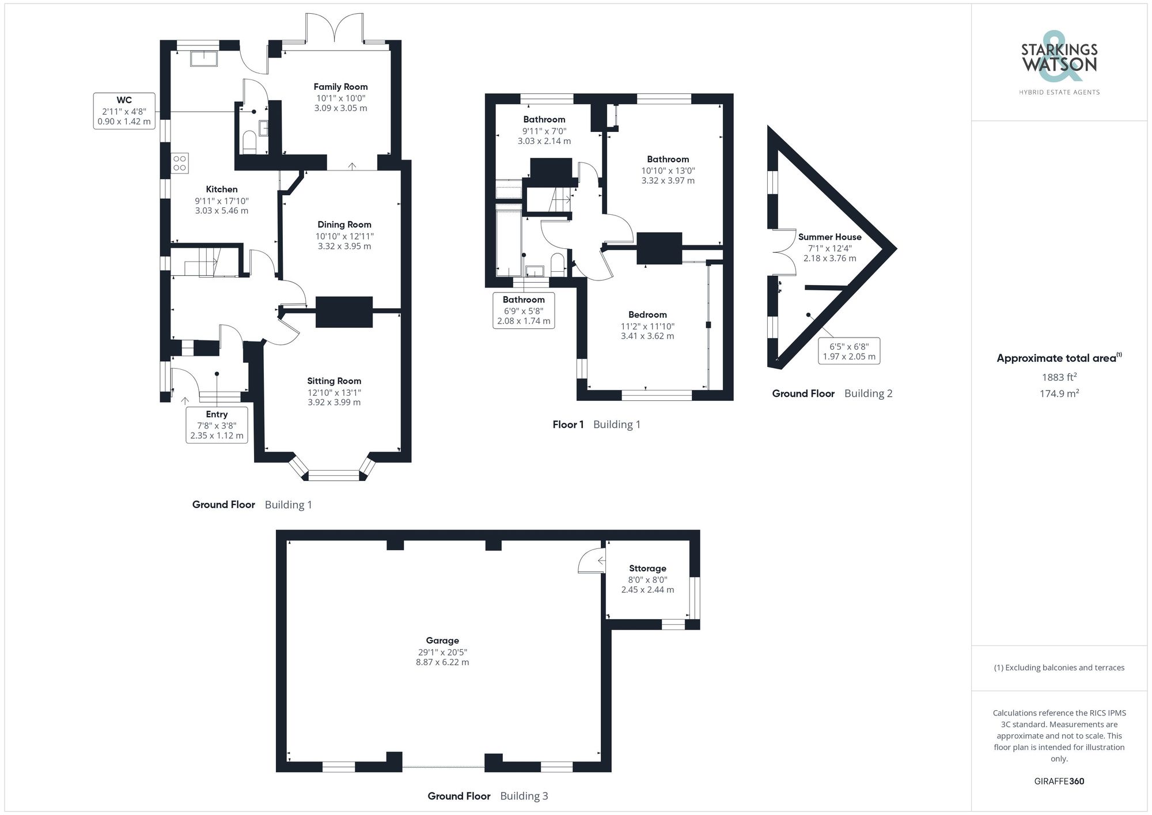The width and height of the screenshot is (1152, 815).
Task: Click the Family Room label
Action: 340,87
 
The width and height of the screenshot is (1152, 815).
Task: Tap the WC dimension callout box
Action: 124,111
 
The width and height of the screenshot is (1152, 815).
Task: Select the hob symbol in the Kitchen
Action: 180,163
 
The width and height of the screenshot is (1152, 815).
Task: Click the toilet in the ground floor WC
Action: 249,142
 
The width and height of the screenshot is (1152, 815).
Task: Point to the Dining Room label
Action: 344,225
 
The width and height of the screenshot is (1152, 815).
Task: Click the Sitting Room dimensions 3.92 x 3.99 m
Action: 334,402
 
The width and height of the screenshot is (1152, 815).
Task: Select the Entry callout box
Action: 217,424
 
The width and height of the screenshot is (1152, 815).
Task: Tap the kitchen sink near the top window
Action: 204,58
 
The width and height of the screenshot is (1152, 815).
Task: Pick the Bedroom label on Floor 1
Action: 647,314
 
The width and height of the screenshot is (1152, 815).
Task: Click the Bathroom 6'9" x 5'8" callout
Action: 524,310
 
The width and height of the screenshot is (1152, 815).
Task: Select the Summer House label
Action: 829,237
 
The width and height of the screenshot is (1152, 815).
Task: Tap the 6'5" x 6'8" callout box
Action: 849,351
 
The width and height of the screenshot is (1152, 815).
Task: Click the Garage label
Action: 442,640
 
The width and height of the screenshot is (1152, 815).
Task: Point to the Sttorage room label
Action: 647,568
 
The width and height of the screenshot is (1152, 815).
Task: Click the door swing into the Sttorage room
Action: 590,560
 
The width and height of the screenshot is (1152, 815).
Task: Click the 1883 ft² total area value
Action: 1059,377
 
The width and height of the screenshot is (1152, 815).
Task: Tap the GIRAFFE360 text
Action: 1059,781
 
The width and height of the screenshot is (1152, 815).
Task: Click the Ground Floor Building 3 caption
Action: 487,796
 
